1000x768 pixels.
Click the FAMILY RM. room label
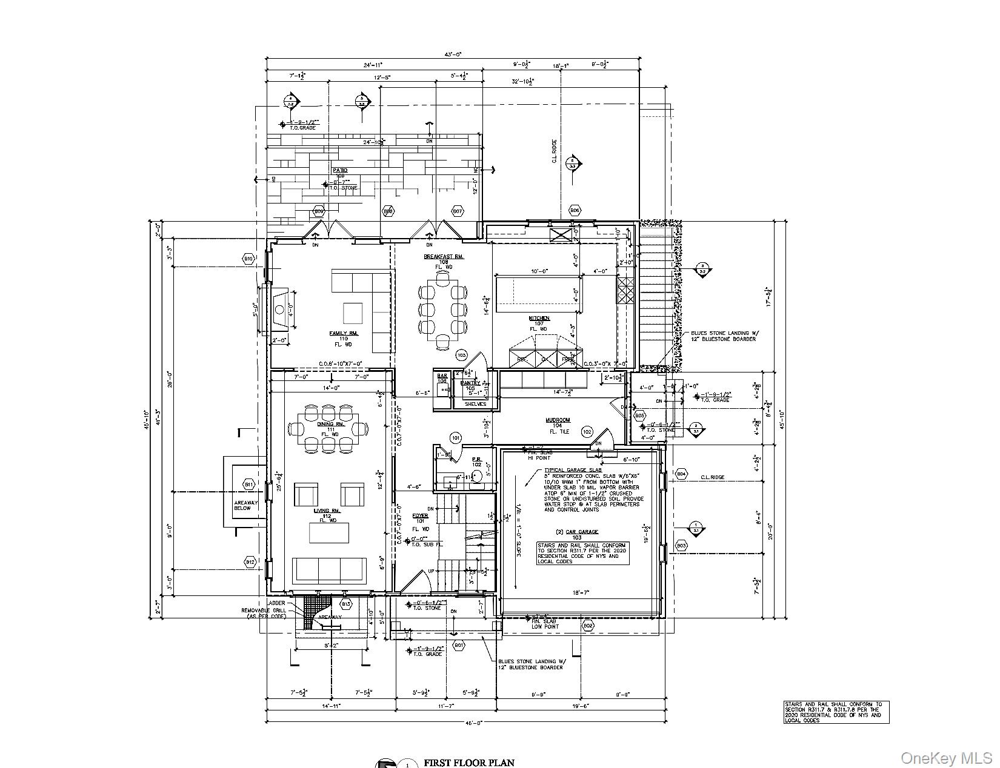344,333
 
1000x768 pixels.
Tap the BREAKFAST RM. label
444,257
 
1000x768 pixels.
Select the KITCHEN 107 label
539,319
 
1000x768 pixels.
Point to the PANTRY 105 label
470,383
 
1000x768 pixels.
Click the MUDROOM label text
557,420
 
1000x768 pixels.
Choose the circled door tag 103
462,355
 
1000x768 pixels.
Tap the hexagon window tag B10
248,259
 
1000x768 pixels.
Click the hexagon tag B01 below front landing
459,646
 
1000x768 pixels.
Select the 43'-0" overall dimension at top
453,55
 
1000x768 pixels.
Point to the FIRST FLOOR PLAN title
469,763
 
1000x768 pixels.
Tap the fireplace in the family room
281,309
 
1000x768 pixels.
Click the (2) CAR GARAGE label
582,532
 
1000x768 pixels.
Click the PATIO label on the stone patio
340,171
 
